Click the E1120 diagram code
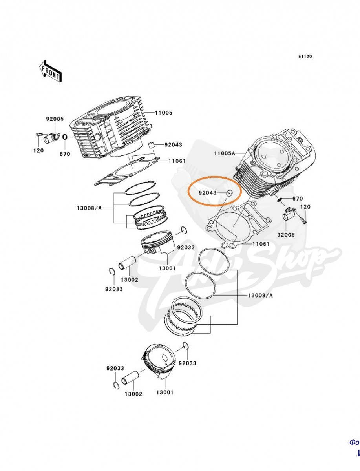305,57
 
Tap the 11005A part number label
225,153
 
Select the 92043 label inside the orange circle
207,193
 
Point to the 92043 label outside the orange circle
173,145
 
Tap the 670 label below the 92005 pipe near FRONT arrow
65,154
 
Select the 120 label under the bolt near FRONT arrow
38,151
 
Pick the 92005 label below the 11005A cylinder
286,235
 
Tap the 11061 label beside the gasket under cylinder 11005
177,161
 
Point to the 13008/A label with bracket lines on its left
260,295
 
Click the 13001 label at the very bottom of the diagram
164,392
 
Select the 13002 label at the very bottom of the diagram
133,394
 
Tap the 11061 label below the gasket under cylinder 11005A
260,244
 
